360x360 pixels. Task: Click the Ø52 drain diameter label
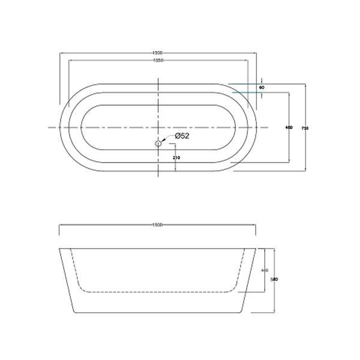182,136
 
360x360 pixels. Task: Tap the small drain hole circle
158,143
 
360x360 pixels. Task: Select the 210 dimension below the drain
176,158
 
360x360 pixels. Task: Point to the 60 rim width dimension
262,88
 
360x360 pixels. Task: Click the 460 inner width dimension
289,127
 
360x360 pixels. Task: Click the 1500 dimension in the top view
158,53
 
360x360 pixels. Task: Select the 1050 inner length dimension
158,61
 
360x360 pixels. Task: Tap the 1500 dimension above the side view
158,225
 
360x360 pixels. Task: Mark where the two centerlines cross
158,127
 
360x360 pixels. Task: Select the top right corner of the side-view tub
257,246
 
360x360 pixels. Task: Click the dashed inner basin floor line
158,292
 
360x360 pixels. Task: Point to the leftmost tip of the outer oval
58,127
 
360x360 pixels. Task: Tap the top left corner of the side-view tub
59,246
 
